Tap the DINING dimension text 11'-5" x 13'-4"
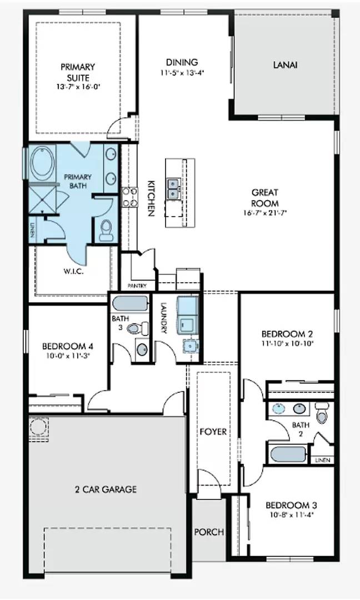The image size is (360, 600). point(182,72)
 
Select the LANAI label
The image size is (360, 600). point(285,64)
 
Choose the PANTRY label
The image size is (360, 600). point(137,286)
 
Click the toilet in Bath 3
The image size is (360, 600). point(137,328)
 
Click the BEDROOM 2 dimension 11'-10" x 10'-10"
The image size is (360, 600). point(287,344)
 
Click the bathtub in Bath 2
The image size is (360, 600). point(287,454)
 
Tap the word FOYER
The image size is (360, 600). point(213,431)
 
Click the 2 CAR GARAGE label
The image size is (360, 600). point(106,489)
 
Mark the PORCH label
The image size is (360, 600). point(209,532)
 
